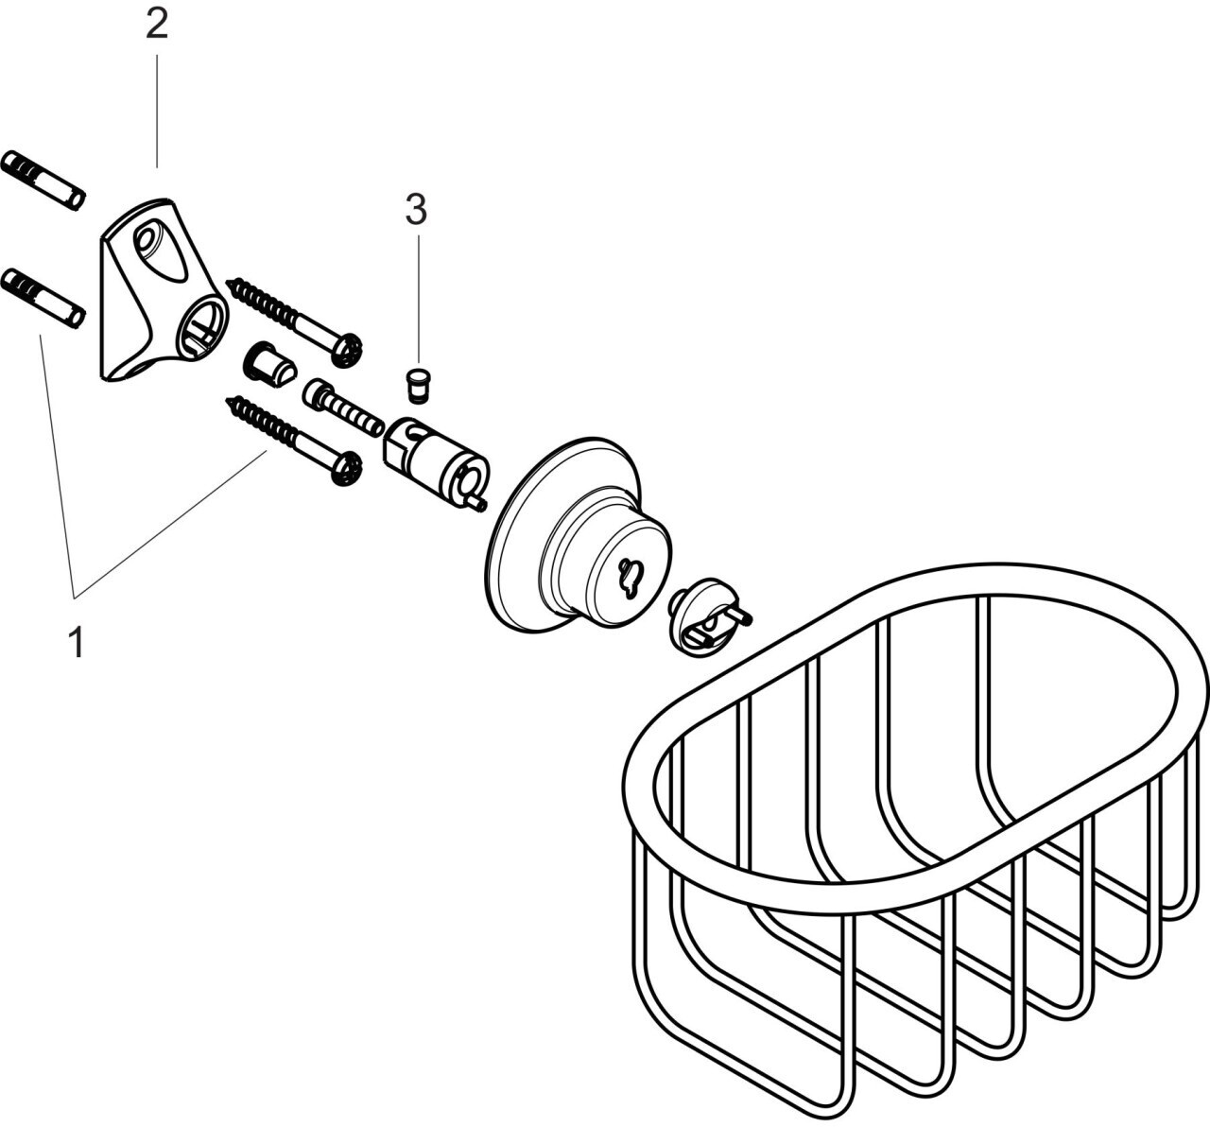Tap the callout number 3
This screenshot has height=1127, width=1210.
[x=416, y=210]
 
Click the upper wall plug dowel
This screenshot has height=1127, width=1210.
[x=43, y=179]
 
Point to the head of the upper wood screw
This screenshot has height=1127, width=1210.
[x=347, y=351]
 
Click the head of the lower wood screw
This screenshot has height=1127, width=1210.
[x=347, y=468]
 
